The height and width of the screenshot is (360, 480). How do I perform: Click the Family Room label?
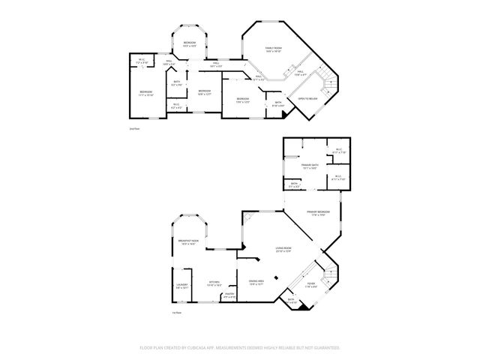272,49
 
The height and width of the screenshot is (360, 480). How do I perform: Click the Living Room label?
283,250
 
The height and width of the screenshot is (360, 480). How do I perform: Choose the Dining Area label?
256,283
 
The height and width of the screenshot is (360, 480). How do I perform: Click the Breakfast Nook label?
187,242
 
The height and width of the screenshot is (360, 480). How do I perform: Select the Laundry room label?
182,286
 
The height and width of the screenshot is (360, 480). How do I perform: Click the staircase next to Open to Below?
325,78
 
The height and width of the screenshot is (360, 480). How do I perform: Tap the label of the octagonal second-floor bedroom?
190,43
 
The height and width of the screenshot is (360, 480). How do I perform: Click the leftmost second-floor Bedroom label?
145,94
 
